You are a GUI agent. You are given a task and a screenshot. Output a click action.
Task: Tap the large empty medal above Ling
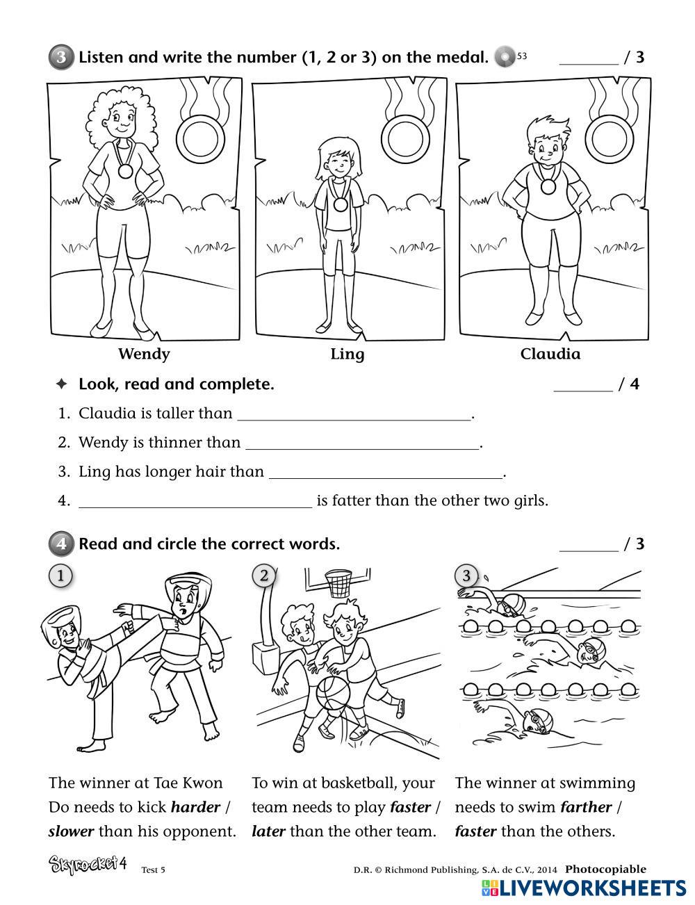coord(405,137)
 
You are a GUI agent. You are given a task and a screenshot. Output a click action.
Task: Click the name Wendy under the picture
coord(144,354)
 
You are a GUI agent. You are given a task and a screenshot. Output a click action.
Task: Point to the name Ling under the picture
coord(347,354)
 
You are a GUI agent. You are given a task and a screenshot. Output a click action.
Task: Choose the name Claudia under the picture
coord(550,354)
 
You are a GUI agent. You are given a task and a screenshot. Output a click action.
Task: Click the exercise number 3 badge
coord(61,57)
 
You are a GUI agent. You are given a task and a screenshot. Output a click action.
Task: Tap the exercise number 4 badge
coord(61,544)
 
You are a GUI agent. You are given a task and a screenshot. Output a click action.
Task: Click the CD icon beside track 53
coord(505,56)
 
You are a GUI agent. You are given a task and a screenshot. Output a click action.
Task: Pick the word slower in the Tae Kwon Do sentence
coord(72,831)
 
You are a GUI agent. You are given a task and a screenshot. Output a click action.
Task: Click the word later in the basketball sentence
coord(268,831)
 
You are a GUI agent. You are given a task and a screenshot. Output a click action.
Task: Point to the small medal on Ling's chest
coord(340,204)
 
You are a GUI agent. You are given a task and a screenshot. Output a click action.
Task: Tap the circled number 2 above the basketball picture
coord(263,576)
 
